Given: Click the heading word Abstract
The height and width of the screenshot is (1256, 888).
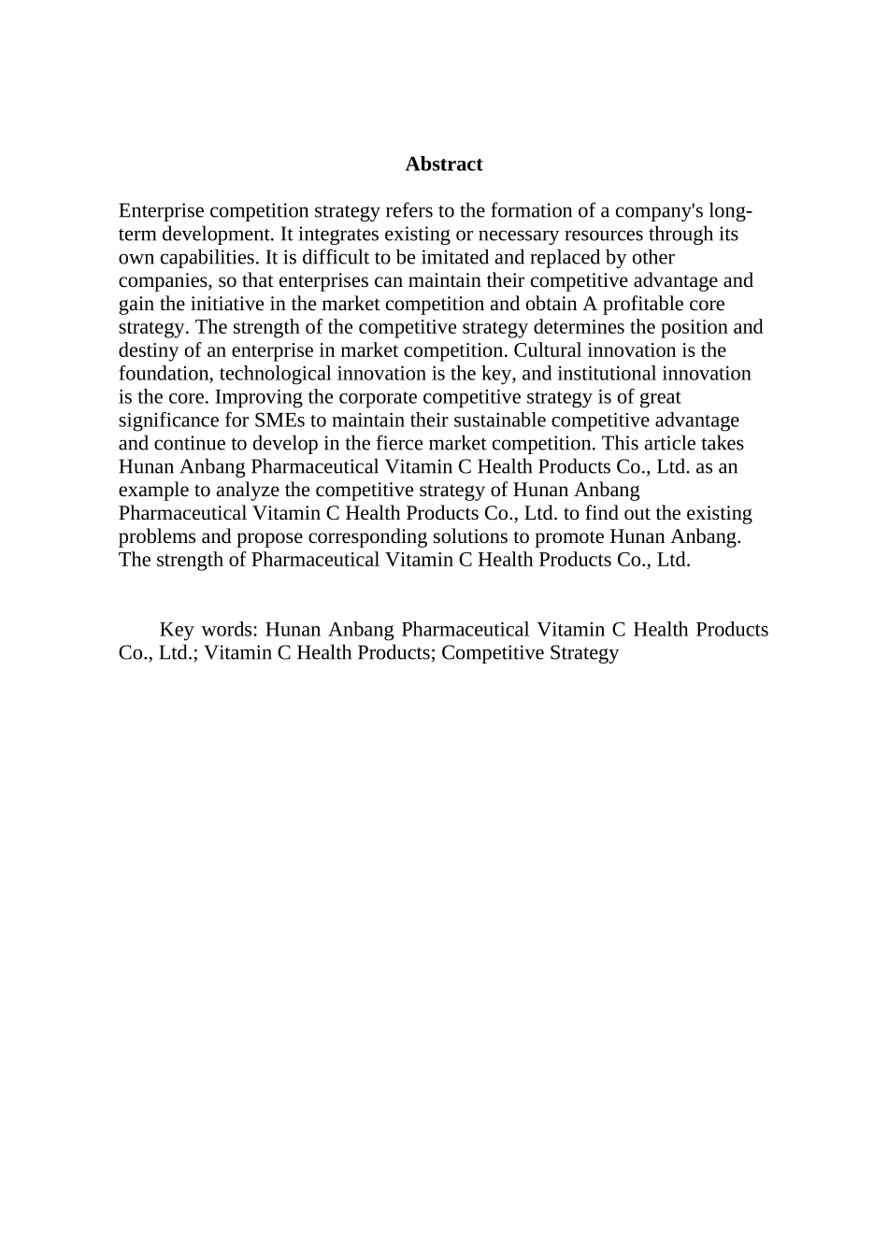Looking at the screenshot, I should pyautogui.click(x=444, y=164).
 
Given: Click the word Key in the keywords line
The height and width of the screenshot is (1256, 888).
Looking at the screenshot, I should pyautogui.click(x=177, y=630).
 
